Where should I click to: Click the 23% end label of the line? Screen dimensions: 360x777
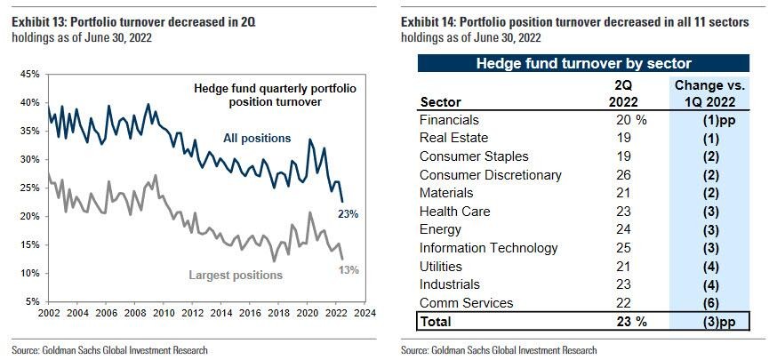pos(348,214)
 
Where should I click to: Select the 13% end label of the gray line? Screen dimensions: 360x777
pos(348,269)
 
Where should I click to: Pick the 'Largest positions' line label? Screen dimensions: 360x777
pos(236,276)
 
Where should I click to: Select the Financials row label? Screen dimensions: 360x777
pos(449,119)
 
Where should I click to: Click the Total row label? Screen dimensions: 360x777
pos(436,322)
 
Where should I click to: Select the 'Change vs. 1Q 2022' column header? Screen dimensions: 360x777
pos(710,92)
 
